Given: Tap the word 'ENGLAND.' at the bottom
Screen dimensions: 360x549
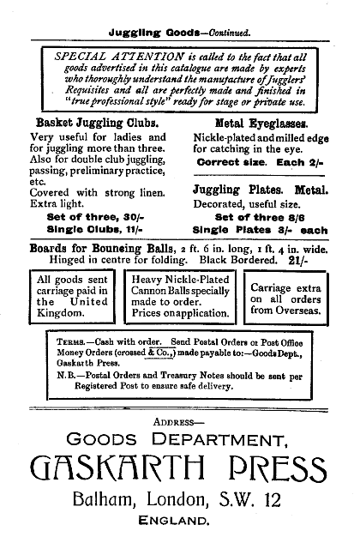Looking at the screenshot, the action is [181, 521].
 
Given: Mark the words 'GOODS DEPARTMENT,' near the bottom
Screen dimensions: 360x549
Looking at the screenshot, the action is [180, 440].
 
